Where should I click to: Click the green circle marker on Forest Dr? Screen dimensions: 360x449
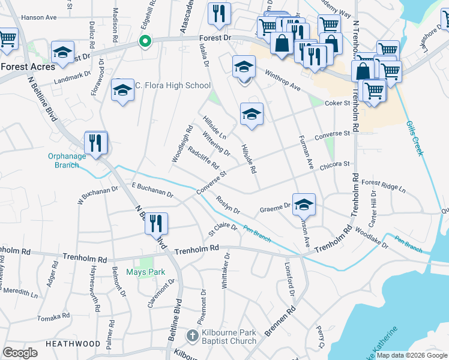(x=144, y=41)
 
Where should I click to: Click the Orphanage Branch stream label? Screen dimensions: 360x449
(x=64, y=161)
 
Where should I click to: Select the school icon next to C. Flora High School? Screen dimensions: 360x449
(x=122, y=90)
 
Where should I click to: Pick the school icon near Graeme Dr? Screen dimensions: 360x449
(x=304, y=204)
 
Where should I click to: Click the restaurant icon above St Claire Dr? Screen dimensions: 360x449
(x=155, y=223)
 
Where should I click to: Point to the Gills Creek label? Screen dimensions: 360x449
(x=415, y=137)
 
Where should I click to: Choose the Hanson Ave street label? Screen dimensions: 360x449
(x=38, y=18)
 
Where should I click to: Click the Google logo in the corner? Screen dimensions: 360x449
(x=20, y=353)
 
